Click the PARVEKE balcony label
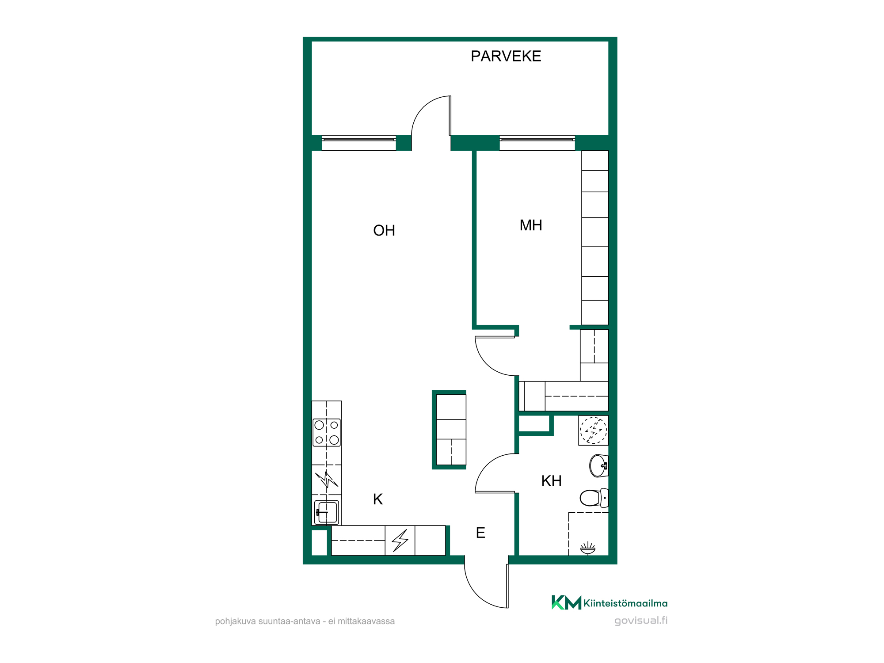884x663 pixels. pos(506,56)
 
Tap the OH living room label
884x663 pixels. pos(384,230)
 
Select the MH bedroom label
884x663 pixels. pos(531,225)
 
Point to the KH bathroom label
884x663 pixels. pos(552,481)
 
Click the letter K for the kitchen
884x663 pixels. pos(378,499)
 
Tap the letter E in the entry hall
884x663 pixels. pos(480,533)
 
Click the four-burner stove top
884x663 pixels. pos(327,433)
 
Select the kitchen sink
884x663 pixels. pos(327,512)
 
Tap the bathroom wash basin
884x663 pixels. pos(599,466)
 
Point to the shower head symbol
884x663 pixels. pos(588,549)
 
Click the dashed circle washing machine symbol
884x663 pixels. pos(594,431)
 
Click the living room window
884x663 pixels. pos(359,143)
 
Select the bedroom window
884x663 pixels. pos(537,143)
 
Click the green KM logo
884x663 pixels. pos(566,602)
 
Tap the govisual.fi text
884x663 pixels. pos(641,621)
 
